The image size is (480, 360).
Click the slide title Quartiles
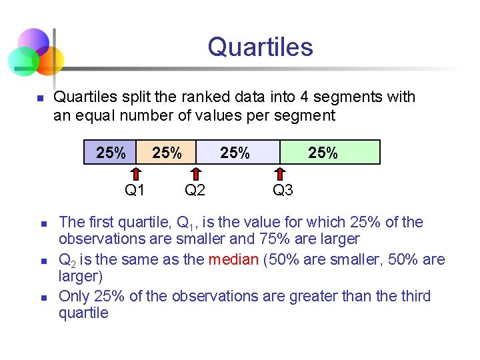click(x=260, y=47)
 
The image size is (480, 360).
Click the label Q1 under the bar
click(x=135, y=191)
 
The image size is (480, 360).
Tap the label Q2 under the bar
click(x=195, y=191)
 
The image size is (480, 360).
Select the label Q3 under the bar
click(x=283, y=191)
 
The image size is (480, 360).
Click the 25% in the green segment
click(x=323, y=153)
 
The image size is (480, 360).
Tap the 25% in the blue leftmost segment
click(x=111, y=153)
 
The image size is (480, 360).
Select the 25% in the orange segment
click(x=167, y=153)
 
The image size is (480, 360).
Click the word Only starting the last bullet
click(x=73, y=296)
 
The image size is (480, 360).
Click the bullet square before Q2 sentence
click(x=41, y=261)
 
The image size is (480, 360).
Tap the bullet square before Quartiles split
click(x=39, y=99)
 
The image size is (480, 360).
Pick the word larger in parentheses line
click(x=77, y=276)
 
